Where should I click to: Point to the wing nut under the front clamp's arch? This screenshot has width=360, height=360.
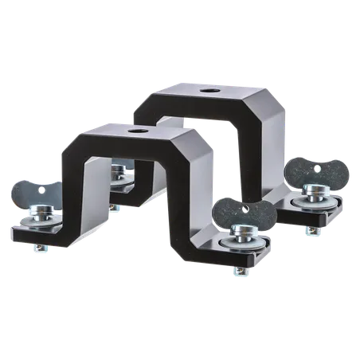[x=121, y=169]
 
